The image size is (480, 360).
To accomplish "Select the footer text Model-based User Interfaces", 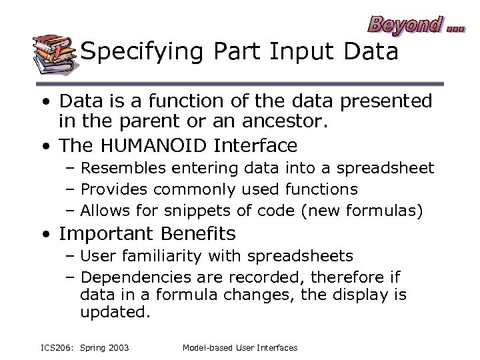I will pyautogui.click(x=240, y=347).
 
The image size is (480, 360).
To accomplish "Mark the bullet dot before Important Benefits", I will pyautogui.click(x=44, y=235).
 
